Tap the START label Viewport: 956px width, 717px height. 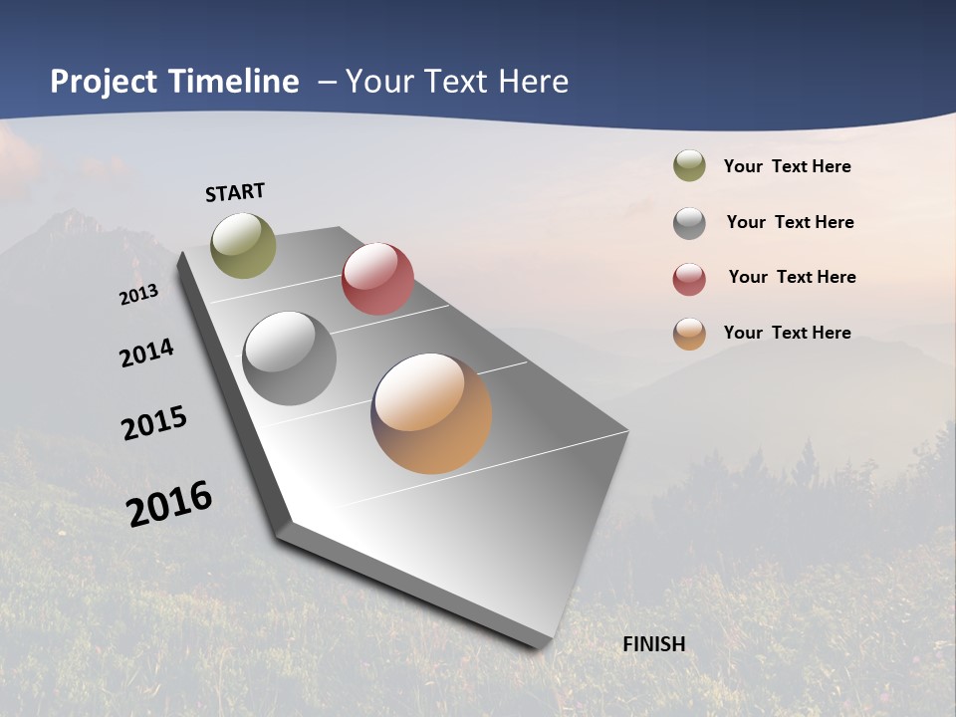(x=235, y=192)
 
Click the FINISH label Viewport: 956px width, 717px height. (x=654, y=644)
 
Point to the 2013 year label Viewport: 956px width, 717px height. (x=138, y=295)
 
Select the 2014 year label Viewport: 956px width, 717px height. (x=146, y=353)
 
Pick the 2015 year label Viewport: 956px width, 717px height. (x=154, y=423)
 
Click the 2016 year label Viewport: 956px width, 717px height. (x=169, y=504)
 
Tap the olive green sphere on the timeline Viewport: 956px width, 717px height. (x=244, y=245)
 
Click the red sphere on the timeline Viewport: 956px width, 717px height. (x=377, y=278)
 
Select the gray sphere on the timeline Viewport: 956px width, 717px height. (x=290, y=358)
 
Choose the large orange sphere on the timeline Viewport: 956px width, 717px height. (x=431, y=413)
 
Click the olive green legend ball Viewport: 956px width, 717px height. (x=689, y=166)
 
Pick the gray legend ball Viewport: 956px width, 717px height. (x=689, y=223)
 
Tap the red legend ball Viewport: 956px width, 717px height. (x=689, y=279)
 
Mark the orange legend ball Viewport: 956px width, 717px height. (x=689, y=334)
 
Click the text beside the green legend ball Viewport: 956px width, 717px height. (x=787, y=167)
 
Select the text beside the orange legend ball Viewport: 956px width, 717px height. (x=787, y=333)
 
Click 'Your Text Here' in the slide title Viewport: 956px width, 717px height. (x=457, y=82)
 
